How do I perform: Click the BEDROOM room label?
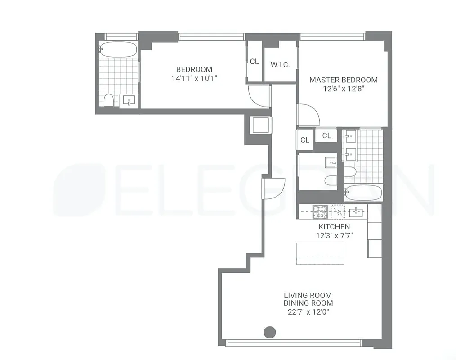pos(194,69)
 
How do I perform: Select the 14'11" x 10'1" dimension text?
pos(194,78)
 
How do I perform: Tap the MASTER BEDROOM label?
pos(343,80)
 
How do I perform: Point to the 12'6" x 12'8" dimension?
pos(343,89)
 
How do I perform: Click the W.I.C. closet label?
pos(280,65)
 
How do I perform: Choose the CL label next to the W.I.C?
pos(255,62)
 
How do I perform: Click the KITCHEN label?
pos(334,226)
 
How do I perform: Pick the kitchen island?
pos(320,254)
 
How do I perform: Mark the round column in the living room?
pos(269,332)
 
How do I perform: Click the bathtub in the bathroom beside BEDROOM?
pos(118,49)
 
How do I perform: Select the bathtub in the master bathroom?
pos(363,193)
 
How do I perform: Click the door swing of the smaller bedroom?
pos(259,96)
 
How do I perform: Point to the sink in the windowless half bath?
pos(331,161)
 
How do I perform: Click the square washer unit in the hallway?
pos(260,124)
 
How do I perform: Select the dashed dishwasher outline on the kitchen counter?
pos(340,210)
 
